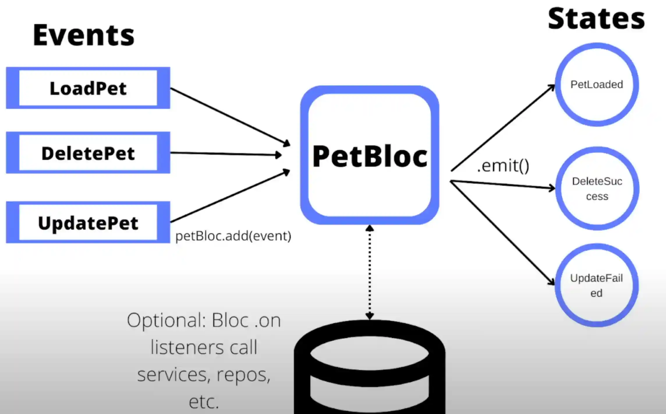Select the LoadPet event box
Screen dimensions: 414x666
(x=88, y=88)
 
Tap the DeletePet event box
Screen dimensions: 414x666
(x=88, y=153)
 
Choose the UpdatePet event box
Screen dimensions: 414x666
(x=88, y=223)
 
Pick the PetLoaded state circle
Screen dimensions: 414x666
(x=597, y=85)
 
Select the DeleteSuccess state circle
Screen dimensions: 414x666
(x=597, y=189)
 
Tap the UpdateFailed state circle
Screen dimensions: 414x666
(x=596, y=285)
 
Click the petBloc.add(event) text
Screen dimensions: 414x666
(x=233, y=236)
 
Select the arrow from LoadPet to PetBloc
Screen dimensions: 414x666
(x=230, y=117)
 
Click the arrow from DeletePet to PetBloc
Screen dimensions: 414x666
(x=226, y=154)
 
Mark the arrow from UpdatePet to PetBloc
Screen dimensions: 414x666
(x=230, y=197)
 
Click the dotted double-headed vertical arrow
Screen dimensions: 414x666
(x=370, y=272)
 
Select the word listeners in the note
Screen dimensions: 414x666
(x=186, y=347)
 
